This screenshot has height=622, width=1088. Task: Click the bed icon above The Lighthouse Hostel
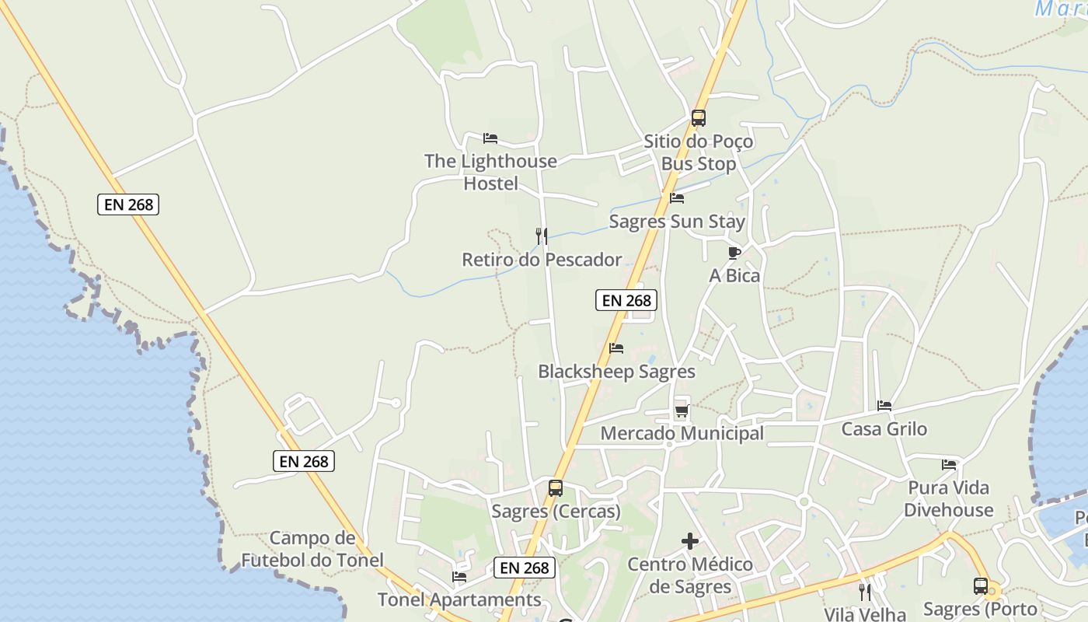(490, 138)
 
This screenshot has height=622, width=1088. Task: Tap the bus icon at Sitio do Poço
(699, 118)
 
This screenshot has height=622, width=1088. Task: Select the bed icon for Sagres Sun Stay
(677, 198)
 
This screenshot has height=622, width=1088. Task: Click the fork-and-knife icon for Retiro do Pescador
(542, 236)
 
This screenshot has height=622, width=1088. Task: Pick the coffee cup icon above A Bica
(734, 253)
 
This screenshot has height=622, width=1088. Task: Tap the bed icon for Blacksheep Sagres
(616, 348)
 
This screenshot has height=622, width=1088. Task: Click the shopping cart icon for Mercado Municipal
(682, 411)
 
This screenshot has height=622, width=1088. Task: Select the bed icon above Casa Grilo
(884, 406)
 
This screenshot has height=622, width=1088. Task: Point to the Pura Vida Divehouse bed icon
(949, 465)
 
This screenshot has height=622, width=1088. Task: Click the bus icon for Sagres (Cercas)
(556, 488)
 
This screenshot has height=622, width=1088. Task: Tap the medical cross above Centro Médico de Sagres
(690, 541)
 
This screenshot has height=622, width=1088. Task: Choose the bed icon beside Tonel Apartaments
(459, 577)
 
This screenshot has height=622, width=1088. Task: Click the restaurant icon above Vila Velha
(865, 592)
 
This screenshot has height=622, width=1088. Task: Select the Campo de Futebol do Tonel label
(312, 549)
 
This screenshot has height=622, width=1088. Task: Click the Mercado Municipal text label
(682, 433)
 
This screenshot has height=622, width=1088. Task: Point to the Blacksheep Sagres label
(616, 372)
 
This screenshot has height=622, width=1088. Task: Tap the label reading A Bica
(734, 275)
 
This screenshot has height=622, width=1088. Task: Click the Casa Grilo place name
(884, 429)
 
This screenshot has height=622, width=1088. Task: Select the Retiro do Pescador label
(542, 260)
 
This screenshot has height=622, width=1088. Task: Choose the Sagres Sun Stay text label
(677, 222)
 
